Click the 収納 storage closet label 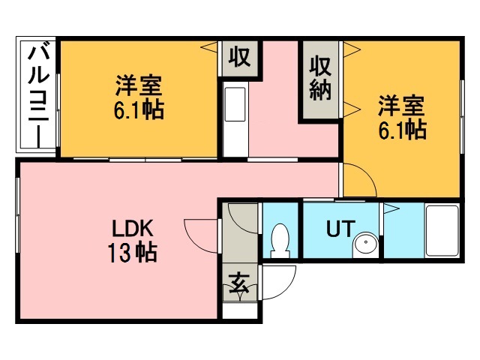pos(320,79)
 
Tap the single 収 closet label pos(239,57)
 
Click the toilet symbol pos(280,239)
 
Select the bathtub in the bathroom pos(442,230)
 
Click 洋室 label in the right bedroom pos(402,103)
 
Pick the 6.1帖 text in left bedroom pos(139,110)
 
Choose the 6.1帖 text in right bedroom pos(402,130)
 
